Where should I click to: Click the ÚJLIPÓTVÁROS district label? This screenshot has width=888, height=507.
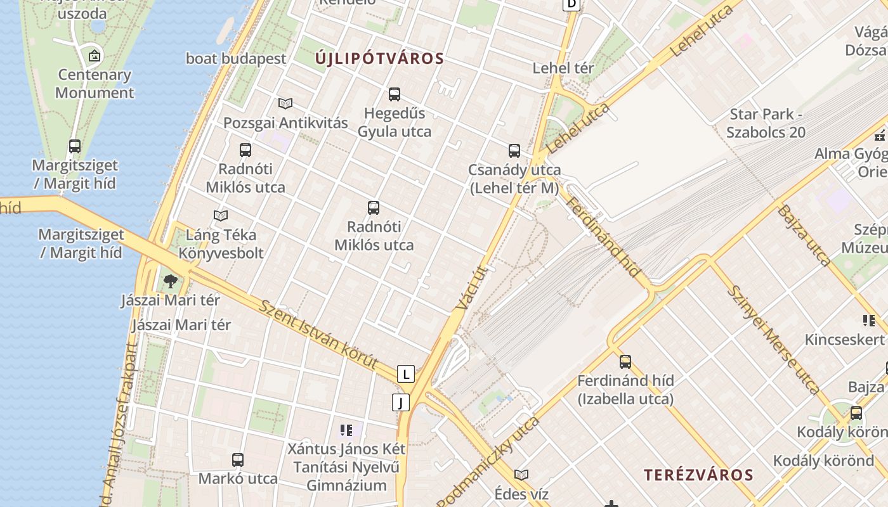click(379, 59)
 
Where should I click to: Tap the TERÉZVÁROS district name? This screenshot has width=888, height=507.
click(698, 475)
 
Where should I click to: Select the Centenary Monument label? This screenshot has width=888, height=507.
click(95, 84)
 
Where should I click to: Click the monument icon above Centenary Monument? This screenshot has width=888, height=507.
click(95, 56)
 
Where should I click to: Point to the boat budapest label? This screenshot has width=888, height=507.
click(236, 58)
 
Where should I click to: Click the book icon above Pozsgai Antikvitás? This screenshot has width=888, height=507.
click(285, 103)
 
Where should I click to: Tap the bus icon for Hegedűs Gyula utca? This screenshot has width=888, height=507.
click(395, 94)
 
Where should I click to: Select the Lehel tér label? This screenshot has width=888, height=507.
click(563, 68)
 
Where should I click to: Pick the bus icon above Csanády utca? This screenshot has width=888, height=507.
click(514, 151)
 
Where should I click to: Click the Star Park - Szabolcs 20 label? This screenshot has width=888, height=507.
click(766, 124)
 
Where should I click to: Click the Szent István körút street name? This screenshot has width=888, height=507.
click(319, 335)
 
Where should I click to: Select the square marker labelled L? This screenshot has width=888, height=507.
click(406, 374)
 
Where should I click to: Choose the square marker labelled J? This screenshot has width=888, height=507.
click(400, 402)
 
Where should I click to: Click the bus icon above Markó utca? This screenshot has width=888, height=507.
click(238, 460)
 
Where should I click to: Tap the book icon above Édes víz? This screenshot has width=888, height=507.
click(521, 475)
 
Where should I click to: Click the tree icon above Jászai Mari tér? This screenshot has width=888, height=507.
click(170, 281)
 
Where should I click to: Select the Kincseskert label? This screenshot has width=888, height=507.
click(844, 339)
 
